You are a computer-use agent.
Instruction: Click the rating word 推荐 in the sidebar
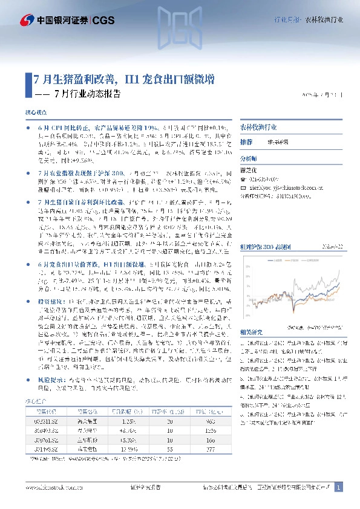tap(246, 141)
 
